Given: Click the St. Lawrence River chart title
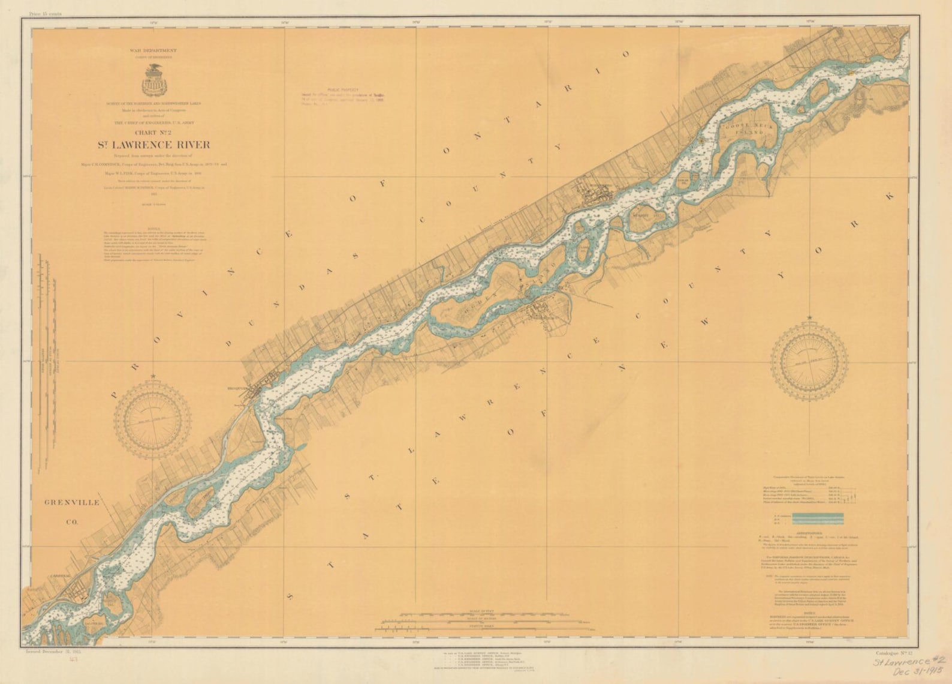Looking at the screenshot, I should pos(155,145).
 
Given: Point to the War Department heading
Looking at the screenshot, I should pos(153,51).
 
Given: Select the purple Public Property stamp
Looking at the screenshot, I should pos(344,96).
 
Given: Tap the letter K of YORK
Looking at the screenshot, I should pos(888,196).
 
